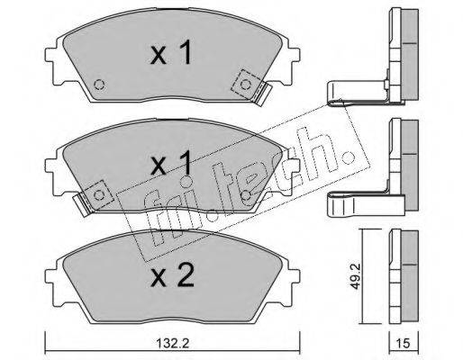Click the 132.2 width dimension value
[173, 343]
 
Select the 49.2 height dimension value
[356, 276]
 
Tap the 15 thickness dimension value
[404, 343]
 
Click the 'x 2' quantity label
[172, 276]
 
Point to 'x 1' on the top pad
[170, 53]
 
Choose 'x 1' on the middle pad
[170, 164]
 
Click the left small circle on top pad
[99, 85]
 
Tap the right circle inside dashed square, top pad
[245, 85]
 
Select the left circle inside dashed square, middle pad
[99, 195]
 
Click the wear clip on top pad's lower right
[263, 94]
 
